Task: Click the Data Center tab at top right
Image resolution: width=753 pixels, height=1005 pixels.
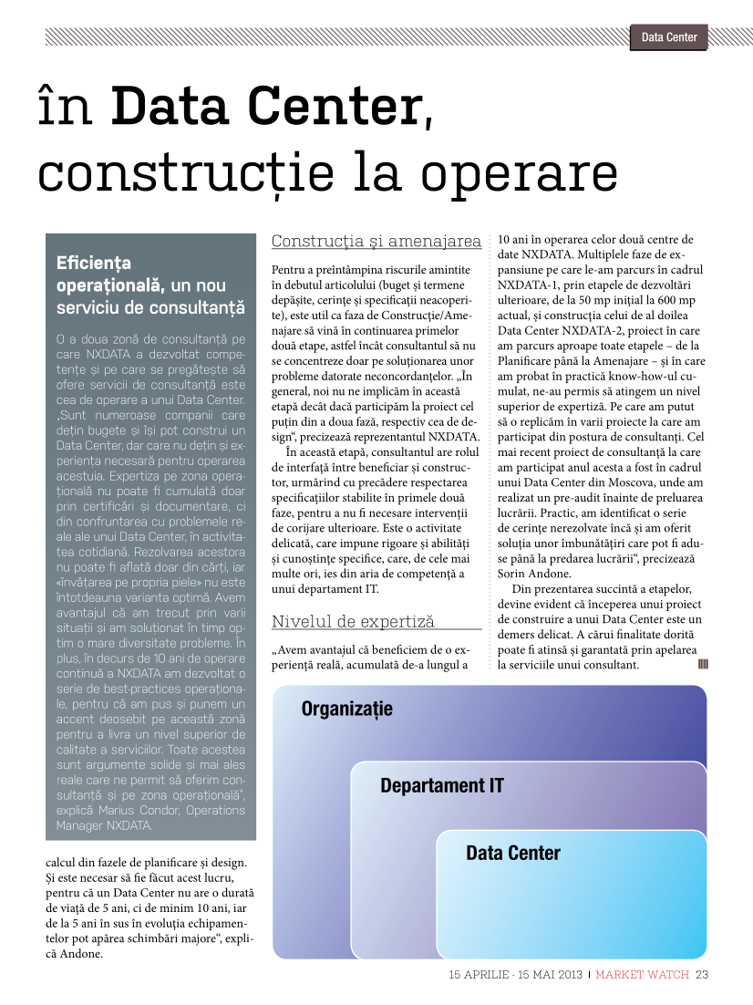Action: click(669, 37)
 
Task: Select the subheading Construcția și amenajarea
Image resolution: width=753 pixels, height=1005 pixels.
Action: click(376, 242)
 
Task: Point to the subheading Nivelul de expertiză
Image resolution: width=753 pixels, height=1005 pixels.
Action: click(353, 622)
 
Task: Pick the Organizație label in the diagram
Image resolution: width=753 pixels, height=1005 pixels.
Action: click(346, 709)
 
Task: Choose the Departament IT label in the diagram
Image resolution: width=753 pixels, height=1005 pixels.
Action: click(441, 785)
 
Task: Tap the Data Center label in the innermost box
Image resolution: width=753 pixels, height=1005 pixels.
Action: click(512, 854)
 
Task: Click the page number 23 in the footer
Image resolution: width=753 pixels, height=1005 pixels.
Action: click(702, 974)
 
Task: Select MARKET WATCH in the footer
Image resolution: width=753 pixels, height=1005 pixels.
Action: click(643, 974)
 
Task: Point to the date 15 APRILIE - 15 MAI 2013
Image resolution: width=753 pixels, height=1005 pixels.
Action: click(515, 974)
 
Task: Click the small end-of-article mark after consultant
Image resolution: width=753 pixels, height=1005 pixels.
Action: click(703, 664)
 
